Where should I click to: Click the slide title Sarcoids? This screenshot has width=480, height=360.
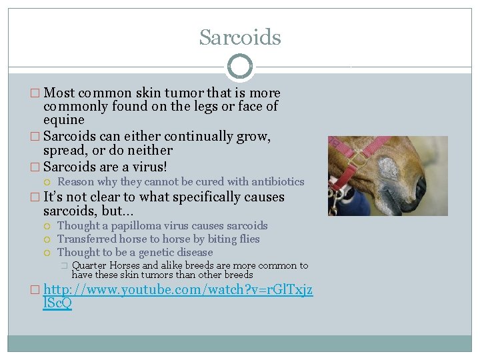[240, 37]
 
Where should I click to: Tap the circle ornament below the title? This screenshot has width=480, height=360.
[240, 67]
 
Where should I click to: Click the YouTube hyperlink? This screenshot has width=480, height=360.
[178, 297]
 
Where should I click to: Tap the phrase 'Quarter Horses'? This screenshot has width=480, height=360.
[107, 265]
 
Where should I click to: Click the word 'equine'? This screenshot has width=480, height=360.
[64, 120]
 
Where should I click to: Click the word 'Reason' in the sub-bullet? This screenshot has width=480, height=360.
[76, 182]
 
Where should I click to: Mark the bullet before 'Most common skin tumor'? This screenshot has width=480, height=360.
[37, 93]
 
